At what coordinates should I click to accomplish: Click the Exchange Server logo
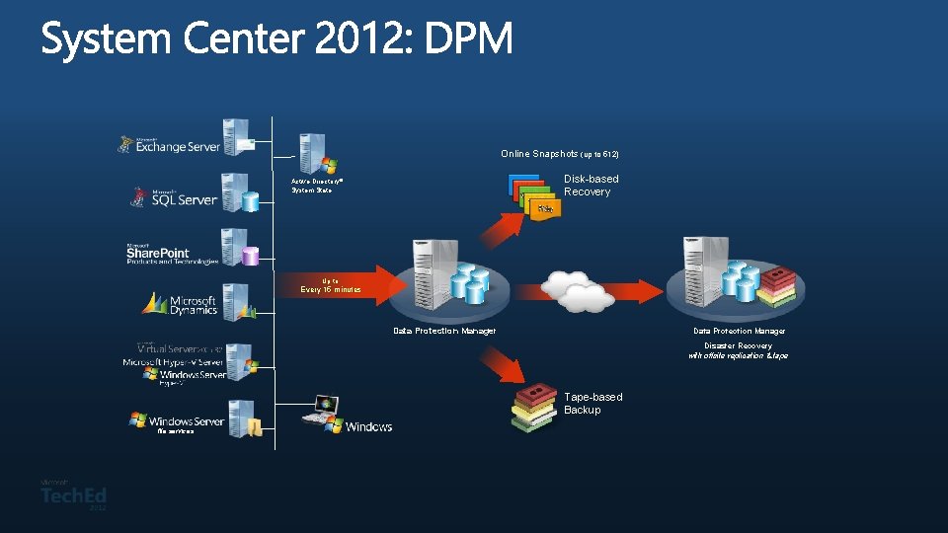pyautogui.click(x=170, y=145)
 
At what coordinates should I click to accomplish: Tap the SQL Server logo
pyautogui.click(x=175, y=196)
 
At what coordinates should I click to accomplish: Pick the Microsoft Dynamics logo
pyautogui.click(x=181, y=304)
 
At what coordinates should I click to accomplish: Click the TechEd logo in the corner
pyautogui.click(x=74, y=495)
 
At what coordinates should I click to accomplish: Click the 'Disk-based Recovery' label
pyautogui.click(x=591, y=186)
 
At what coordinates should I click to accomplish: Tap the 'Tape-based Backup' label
pyautogui.click(x=592, y=403)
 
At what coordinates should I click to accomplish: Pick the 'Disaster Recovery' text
pyautogui.click(x=738, y=345)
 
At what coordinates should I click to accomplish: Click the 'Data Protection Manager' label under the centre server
pyautogui.click(x=444, y=331)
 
